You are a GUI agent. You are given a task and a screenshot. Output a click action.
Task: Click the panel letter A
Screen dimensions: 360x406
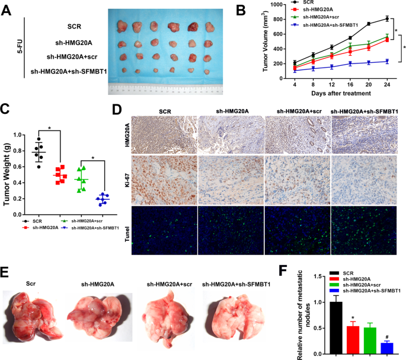(x=8, y=10)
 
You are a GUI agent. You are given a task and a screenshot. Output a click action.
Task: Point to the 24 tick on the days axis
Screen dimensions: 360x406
(x=386, y=86)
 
